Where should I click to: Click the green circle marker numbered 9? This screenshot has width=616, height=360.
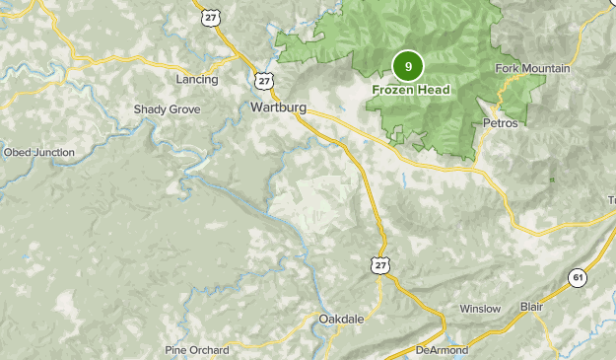click(407, 66)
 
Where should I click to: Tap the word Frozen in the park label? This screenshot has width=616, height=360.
click(393, 90)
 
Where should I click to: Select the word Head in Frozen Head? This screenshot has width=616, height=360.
click(433, 90)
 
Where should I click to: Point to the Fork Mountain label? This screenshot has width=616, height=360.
click(533, 68)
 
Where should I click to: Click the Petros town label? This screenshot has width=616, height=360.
click(501, 123)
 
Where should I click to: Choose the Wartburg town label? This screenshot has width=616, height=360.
click(279, 107)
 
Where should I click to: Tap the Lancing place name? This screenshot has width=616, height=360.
click(196, 79)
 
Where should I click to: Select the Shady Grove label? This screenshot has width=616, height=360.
click(167, 109)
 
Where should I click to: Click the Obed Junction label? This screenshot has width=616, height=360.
click(38, 153)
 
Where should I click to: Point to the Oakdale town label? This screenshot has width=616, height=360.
click(342, 319)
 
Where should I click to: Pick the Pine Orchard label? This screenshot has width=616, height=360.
click(197, 350)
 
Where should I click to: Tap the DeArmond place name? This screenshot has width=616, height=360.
click(440, 350)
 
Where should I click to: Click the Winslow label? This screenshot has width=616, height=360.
click(480, 309)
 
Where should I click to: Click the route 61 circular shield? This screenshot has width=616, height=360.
click(578, 279)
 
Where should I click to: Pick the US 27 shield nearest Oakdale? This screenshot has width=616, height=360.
click(381, 264)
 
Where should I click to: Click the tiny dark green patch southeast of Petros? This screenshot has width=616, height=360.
click(552, 180)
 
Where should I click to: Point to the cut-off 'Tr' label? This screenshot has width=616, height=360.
click(610, 200)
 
